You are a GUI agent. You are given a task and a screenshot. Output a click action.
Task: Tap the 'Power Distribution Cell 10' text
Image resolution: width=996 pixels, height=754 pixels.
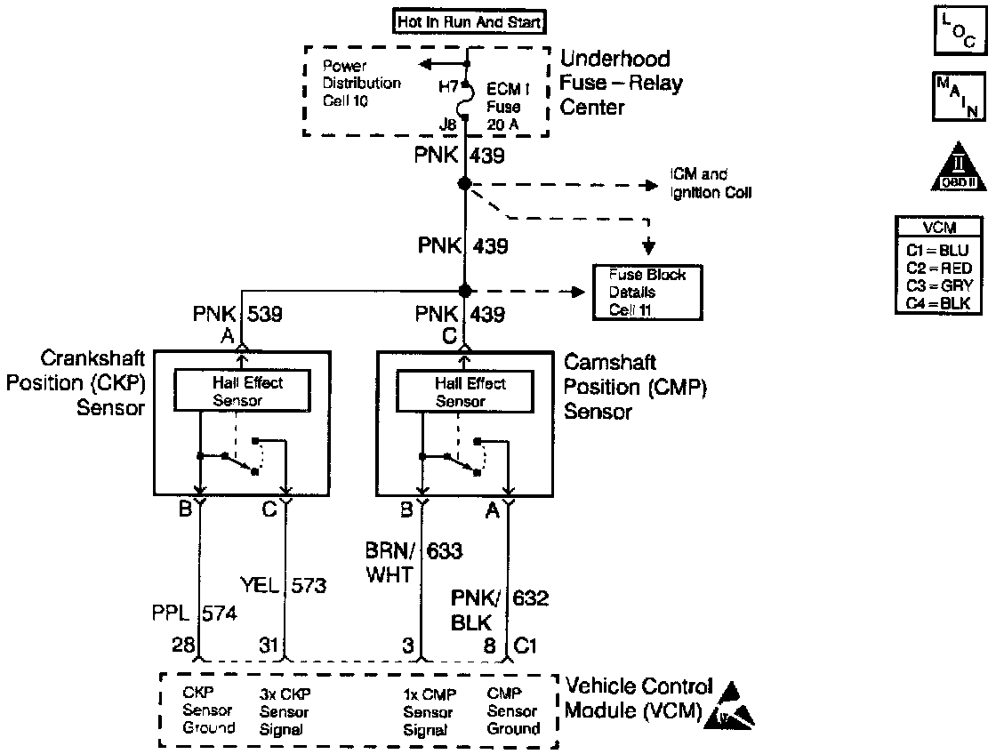361,84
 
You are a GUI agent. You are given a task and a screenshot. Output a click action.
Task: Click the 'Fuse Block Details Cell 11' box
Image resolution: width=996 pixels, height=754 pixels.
647,293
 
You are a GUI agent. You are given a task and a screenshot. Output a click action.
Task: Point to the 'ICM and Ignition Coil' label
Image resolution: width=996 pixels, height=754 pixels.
712,184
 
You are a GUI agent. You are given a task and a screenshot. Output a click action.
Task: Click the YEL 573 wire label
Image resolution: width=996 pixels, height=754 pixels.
284,585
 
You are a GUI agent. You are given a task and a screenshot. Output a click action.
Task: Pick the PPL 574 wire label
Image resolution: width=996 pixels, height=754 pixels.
195,613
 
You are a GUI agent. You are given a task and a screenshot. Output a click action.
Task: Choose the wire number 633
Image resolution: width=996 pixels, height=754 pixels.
445,551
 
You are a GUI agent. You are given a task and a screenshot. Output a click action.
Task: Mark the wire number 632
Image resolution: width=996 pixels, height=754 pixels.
530,598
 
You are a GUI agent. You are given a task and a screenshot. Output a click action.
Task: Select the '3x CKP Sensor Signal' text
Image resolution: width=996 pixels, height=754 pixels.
285,711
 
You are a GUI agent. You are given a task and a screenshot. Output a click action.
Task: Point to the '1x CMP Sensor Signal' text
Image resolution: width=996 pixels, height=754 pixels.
428,711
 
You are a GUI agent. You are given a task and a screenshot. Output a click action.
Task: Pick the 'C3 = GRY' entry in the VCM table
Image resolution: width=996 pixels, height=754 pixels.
951,285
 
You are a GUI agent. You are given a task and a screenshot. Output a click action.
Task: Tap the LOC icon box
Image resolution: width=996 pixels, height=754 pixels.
958,29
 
